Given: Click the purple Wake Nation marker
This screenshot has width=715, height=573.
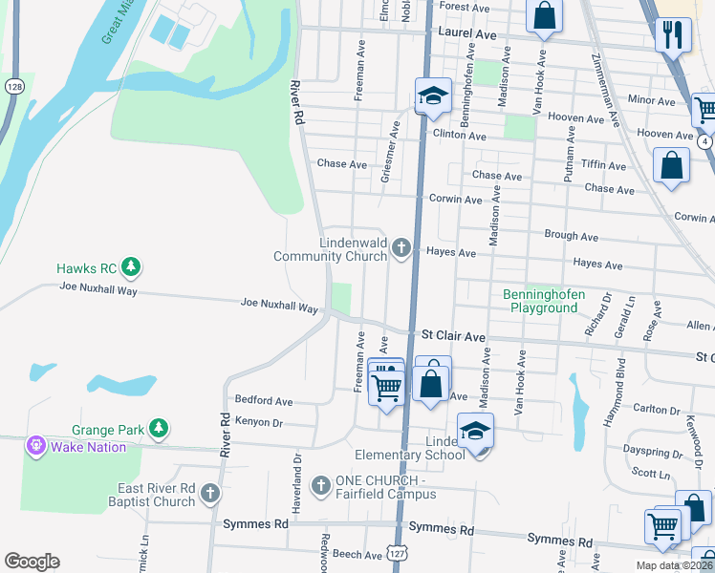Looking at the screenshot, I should coord(37,445).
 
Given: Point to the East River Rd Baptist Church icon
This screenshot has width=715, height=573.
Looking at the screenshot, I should coord(209,494).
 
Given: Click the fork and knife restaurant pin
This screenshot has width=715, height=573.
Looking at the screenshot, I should coord(673,35).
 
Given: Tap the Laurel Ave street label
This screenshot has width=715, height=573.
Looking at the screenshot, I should coord(467,34).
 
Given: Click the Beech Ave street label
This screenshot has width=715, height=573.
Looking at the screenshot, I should coord(357,554).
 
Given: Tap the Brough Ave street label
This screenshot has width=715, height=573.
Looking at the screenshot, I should coord(571,237).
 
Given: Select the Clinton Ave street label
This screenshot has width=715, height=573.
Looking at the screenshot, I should coord(459,136).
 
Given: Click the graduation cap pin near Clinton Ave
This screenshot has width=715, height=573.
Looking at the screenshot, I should coord(432,95).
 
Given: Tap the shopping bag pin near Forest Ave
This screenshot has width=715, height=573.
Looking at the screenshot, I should coord(544,14).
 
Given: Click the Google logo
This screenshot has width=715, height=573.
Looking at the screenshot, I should coord(32,562).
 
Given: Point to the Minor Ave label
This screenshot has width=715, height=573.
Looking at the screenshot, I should coord(652,99).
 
